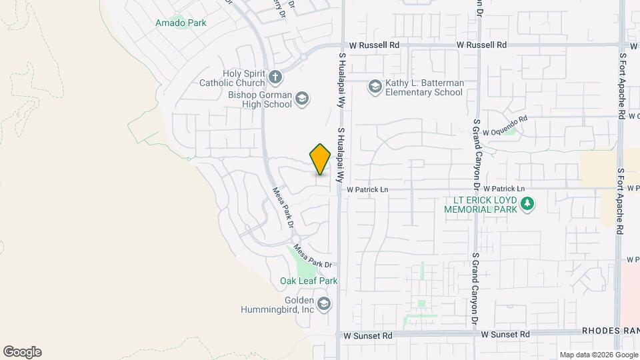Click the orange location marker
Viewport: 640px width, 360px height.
[321, 159]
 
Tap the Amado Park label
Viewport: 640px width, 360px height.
[181, 23]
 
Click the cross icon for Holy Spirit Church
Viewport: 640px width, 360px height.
[275, 77]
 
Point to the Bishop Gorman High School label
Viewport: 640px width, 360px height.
[260, 99]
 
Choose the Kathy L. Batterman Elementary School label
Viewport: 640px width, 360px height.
[424, 87]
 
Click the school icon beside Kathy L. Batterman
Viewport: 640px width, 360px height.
[375, 87]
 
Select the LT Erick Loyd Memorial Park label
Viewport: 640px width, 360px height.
[485, 204]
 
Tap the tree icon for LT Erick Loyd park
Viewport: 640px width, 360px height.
[528, 204]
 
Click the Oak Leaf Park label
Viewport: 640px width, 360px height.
[309, 281]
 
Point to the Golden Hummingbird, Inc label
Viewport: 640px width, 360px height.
[278, 305]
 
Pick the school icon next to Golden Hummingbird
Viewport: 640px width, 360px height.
[324, 305]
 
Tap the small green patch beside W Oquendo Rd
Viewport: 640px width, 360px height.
[511, 131]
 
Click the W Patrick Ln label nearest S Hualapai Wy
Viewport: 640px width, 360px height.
[367, 189]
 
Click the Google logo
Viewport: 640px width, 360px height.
[22, 352]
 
